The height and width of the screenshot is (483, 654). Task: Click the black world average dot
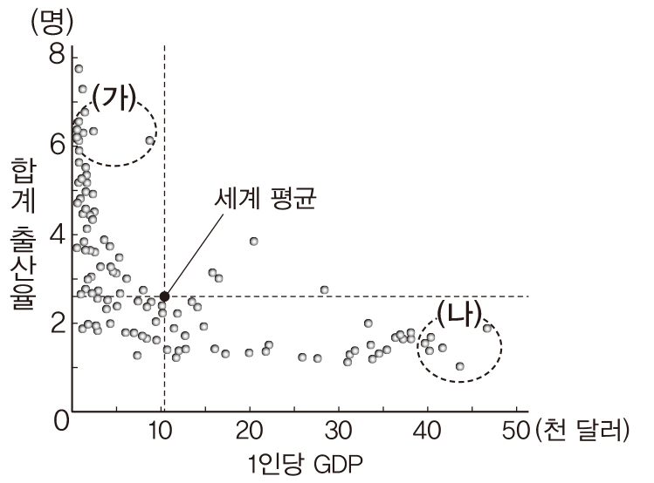click(x=164, y=296)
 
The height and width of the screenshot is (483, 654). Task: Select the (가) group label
click(x=114, y=99)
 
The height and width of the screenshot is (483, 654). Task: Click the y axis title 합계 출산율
click(x=23, y=235)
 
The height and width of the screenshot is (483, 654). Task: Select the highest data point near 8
click(x=79, y=68)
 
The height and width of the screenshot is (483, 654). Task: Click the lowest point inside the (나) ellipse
click(x=460, y=366)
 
